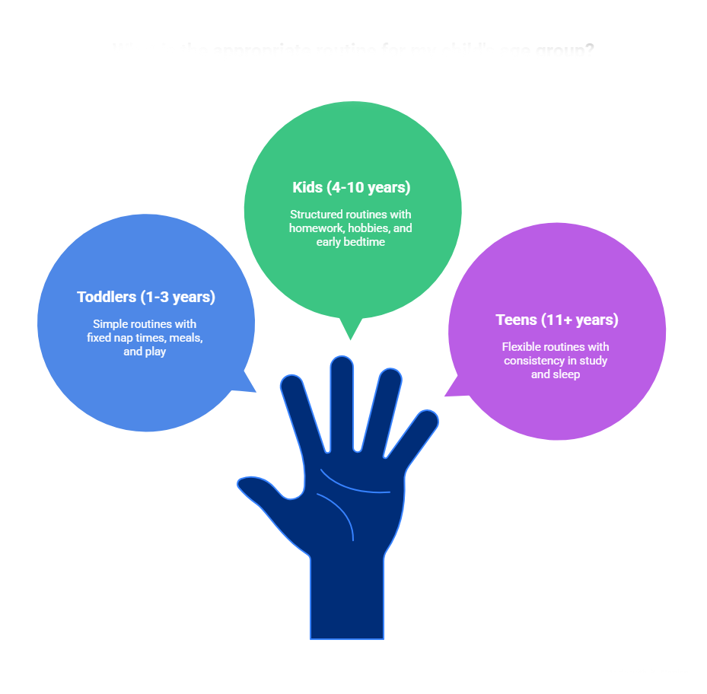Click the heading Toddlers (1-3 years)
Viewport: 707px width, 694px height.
click(x=146, y=297)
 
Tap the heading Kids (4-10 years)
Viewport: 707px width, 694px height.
click(x=351, y=187)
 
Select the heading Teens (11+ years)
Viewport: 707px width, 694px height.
click(x=556, y=320)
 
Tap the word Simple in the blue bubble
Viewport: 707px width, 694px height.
click(x=110, y=324)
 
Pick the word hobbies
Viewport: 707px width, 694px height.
click(x=369, y=228)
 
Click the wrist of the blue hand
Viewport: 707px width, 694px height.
click(x=346, y=594)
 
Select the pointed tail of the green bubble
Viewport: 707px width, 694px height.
click(x=349, y=333)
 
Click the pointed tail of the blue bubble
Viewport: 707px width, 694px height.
click(x=248, y=385)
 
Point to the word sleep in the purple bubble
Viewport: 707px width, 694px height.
click(x=565, y=374)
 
